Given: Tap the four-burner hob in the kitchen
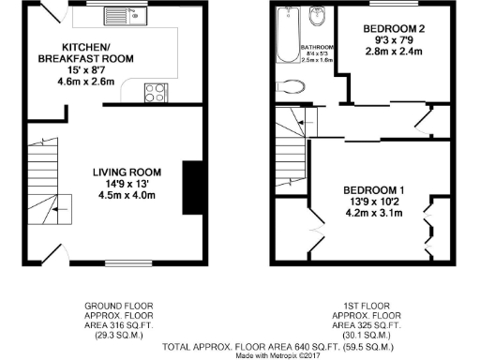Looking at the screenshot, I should (152, 91).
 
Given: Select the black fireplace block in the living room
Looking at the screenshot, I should (193, 180).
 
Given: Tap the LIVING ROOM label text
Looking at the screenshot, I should (127, 172).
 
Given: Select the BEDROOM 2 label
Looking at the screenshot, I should (394, 29).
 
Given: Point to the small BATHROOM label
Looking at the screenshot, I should (316, 47).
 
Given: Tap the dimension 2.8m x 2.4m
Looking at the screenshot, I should (394, 52).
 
